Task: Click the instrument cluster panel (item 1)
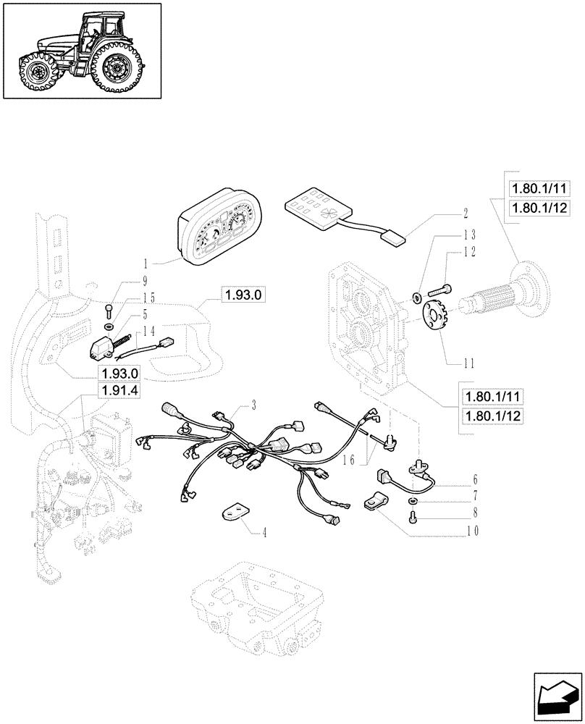(x=219, y=230)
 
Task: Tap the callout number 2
(x=466, y=214)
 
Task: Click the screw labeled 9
(x=109, y=311)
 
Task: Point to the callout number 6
(x=475, y=479)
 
